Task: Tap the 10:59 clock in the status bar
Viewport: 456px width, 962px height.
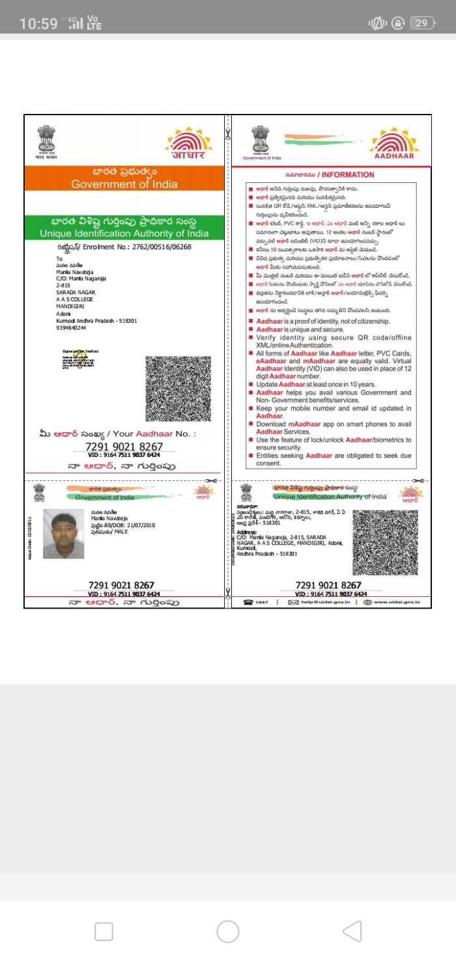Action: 38,23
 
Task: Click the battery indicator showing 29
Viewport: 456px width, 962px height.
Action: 422,23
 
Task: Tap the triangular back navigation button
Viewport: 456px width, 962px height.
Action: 352,931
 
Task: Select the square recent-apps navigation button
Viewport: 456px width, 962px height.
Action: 104,931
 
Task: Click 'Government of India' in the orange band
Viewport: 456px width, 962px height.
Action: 124,184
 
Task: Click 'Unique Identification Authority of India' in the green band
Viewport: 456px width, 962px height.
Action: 124,233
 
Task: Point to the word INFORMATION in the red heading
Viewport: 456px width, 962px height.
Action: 348,174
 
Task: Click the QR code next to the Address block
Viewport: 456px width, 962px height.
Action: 385,542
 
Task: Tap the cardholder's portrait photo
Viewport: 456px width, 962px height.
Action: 63,534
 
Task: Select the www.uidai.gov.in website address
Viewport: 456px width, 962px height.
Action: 397,602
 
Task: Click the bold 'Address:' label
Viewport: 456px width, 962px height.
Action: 247,531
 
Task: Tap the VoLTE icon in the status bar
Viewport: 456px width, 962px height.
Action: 94,23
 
